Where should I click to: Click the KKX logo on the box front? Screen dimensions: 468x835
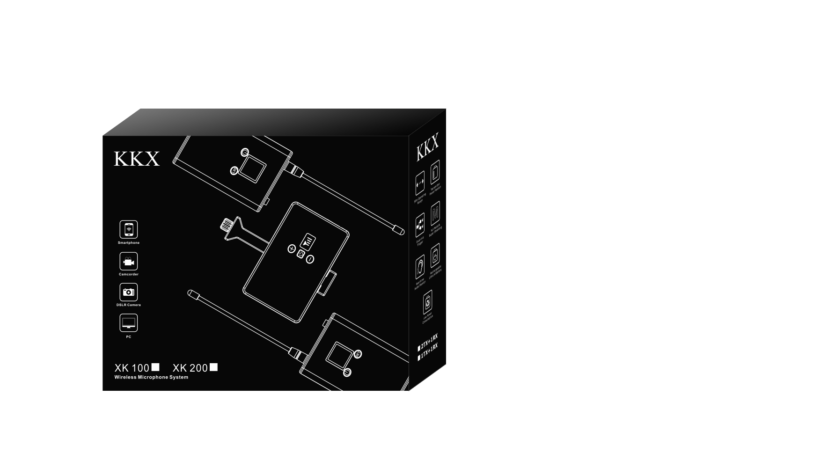point(137,159)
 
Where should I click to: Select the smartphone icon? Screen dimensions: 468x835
point(129,229)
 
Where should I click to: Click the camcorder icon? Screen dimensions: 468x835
point(129,261)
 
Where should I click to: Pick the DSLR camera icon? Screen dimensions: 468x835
point(129,292)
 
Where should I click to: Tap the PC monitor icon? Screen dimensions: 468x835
point(129,323)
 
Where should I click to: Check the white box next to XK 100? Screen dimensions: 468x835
point(155,367)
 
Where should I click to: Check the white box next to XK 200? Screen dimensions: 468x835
point(214,367)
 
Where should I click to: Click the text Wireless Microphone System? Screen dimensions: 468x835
point(151,377)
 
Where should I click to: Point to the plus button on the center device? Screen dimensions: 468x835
point(292,249)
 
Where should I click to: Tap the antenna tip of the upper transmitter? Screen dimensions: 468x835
point(398,230)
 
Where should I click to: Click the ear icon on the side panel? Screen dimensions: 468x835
point(420,268)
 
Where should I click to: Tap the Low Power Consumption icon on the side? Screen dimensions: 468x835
point(427,302)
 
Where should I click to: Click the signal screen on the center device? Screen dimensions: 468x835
point(308,241)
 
